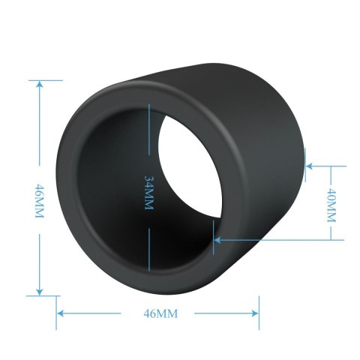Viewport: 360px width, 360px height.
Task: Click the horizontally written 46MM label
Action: (x=158, y=313)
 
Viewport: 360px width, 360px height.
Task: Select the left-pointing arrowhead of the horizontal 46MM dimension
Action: (x=62, y=313)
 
